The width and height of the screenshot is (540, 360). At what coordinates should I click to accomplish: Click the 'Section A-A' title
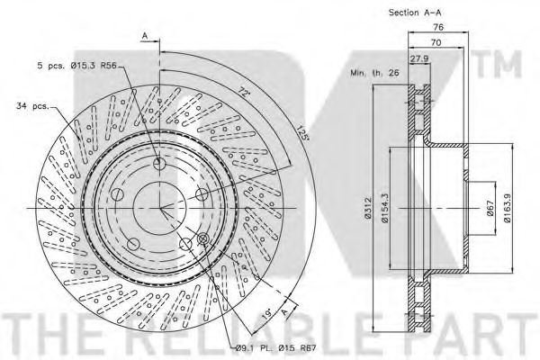click(415, 13)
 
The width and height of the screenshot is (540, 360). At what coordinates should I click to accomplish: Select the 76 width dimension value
click(438, 26)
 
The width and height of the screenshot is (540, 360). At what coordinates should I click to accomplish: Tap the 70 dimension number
click(436, 42)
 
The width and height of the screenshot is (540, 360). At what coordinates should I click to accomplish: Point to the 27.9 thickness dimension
click(419, 58)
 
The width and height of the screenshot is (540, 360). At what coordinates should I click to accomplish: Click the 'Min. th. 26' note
click(374, 73)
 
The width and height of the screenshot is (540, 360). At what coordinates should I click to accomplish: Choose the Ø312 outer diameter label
click(368, 209)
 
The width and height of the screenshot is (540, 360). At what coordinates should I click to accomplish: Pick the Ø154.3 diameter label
click(384, 209)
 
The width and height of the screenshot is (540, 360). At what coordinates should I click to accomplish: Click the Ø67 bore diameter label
click(490, 208)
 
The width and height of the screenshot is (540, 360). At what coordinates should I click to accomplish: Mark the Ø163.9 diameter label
click(508, 208)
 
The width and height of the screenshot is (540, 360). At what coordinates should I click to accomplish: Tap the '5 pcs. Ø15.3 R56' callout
click(77, 66)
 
